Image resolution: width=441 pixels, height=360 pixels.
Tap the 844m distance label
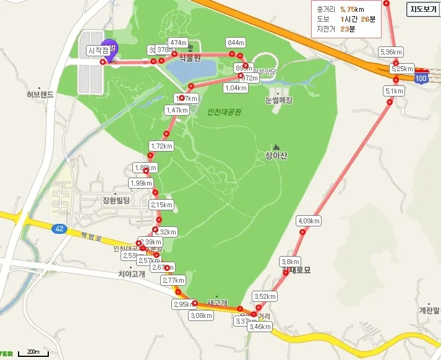click(236, 43)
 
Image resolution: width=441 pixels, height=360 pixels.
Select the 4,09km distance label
click(309, 221)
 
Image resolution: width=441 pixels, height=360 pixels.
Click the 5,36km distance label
click(392, 52)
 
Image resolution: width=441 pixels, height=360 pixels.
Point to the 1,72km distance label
click(161, 146)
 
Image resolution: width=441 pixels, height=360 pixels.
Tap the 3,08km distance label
click(201, 315)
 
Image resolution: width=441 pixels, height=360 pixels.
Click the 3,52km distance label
click(265, 296)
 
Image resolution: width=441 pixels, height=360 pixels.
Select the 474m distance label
click(178, 43)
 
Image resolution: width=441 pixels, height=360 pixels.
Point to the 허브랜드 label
click(40, 95)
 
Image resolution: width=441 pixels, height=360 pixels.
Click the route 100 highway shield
click(421, 79)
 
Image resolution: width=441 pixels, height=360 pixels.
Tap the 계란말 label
click(429, 311)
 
